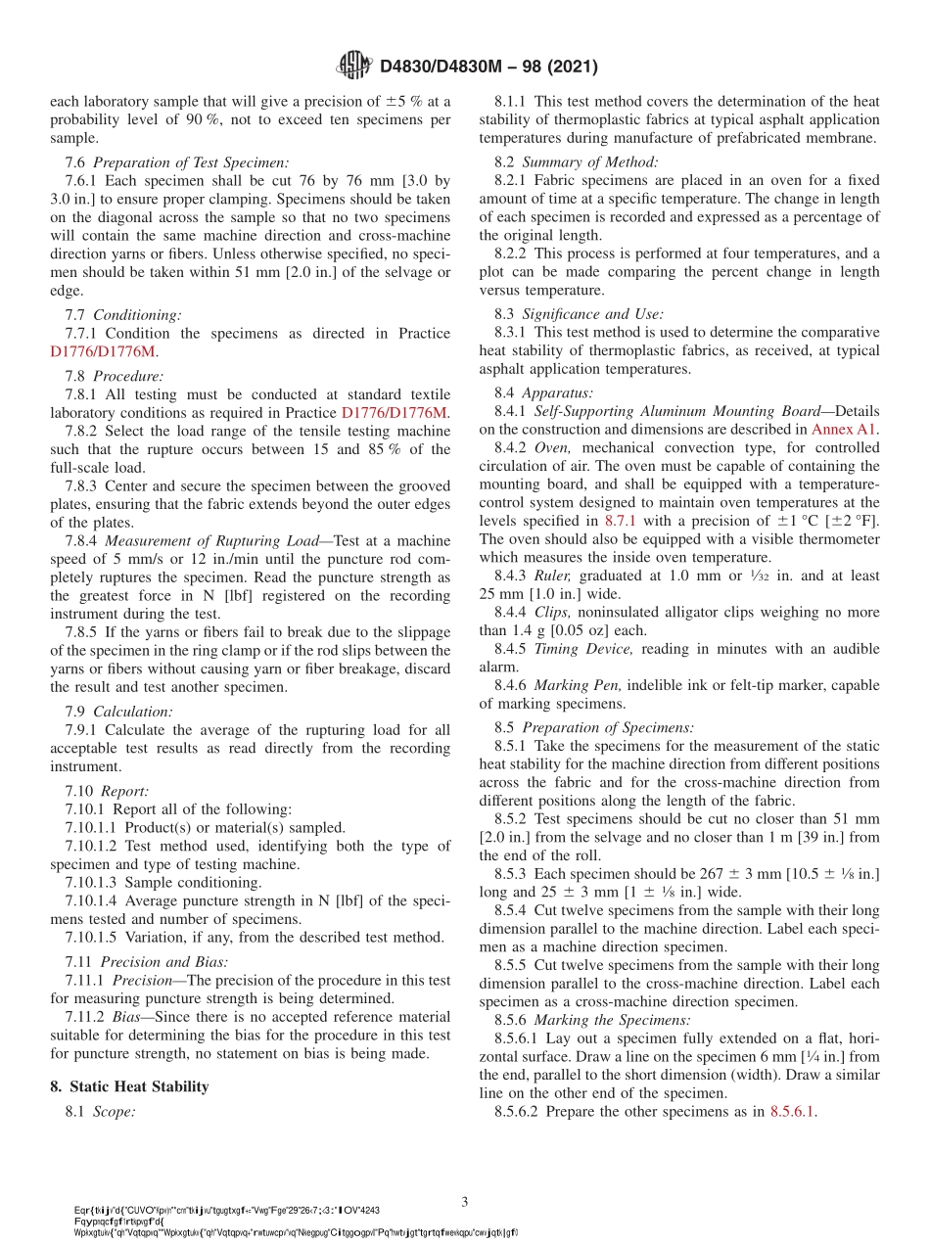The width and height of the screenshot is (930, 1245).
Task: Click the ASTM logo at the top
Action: (x=353, y=66)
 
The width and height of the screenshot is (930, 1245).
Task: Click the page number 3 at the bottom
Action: (x=465, y=1201)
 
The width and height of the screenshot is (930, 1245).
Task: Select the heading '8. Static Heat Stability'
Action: (x=129, y=1086)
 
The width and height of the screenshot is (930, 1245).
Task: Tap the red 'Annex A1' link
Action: (x=845, y=429)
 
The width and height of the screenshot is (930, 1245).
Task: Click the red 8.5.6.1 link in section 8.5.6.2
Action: (x=792, y=1111)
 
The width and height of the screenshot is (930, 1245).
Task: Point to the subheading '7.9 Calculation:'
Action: (x=118, y=712)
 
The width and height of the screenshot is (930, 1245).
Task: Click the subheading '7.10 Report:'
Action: (x=107, y=791)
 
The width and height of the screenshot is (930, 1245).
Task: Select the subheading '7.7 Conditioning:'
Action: (x=123, y=315)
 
